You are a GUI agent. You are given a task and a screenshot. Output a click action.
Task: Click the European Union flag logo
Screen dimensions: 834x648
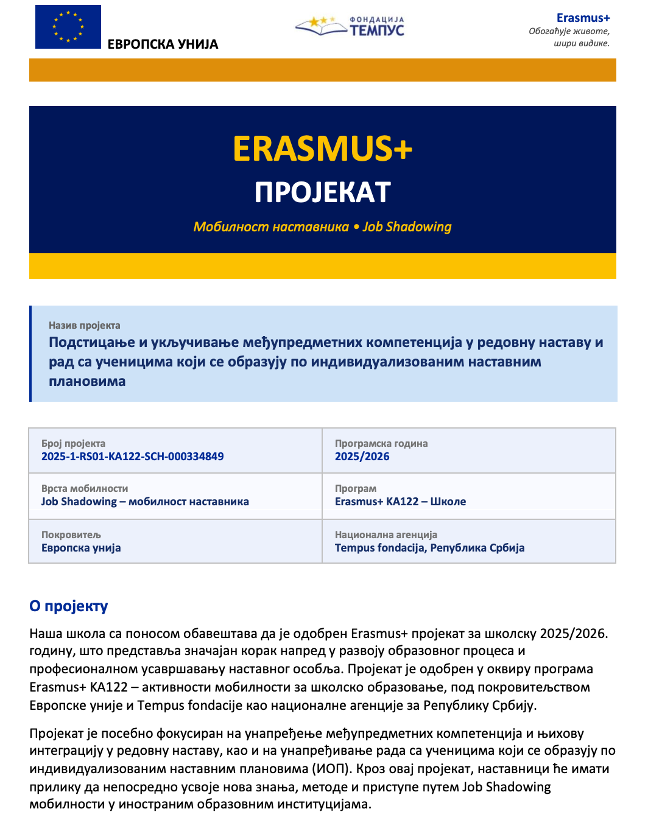click(68, 27)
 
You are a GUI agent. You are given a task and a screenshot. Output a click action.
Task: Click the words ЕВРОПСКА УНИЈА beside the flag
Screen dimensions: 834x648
click(163, 44)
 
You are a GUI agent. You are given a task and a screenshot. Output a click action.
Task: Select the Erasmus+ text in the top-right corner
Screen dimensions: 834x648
click(583, 18)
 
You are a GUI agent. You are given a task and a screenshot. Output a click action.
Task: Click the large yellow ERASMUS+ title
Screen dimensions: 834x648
click(322, 149)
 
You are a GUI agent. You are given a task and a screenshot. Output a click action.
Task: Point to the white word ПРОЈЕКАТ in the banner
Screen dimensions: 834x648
click(322, 192)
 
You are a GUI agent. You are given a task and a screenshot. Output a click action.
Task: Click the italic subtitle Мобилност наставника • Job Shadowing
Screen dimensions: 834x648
click(322, 227)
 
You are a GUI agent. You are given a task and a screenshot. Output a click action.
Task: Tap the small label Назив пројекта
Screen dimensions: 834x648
click(84, 326)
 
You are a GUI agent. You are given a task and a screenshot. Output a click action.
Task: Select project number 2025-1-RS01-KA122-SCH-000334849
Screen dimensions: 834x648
click(132, 457)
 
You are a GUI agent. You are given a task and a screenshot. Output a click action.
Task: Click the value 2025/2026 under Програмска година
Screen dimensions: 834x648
click(362, 457)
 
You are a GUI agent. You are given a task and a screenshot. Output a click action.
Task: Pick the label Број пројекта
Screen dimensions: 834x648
click(73, 444)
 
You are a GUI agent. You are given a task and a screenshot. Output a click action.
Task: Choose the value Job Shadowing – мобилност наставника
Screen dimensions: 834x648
click(145, 502)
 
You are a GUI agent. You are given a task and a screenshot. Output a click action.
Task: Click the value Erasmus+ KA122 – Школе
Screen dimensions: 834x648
click(400, 502)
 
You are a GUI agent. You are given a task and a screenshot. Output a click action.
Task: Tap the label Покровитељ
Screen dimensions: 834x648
click(71, 535)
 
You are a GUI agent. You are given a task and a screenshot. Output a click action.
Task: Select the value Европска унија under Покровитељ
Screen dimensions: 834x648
click(81, 548)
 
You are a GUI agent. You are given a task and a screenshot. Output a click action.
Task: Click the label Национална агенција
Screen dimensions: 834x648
click(386, 535)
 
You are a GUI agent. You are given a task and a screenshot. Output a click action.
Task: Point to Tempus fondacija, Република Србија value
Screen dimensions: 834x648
click(429, 548)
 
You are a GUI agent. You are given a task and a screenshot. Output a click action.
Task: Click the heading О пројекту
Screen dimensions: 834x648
click(68, 606)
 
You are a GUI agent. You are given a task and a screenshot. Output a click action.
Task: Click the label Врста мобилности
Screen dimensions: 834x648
click(85, 489)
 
